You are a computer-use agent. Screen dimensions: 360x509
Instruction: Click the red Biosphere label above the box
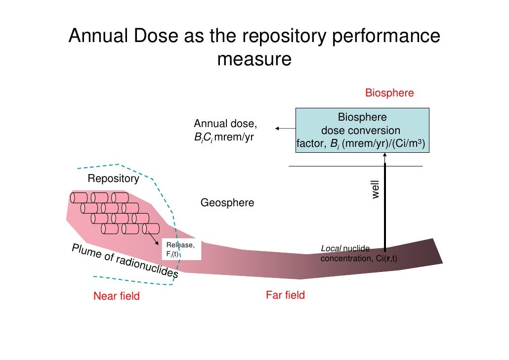click(x=389, y=93)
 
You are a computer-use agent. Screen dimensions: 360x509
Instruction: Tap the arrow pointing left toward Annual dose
click(x=284, y=129)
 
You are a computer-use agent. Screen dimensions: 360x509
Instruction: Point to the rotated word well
click(x=375, y=189)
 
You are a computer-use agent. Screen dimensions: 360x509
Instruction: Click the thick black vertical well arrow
click(x=384, y=208)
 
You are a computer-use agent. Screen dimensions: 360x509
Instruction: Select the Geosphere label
click(x=227, y=203)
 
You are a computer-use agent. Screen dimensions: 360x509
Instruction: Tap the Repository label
click(x=113, y=179)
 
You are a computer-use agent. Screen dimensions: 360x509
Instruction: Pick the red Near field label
click(x=117, y=296)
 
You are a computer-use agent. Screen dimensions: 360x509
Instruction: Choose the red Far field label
click(x=285, y=295)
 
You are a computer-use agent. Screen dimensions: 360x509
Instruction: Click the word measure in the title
click(x=254, y=59)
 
